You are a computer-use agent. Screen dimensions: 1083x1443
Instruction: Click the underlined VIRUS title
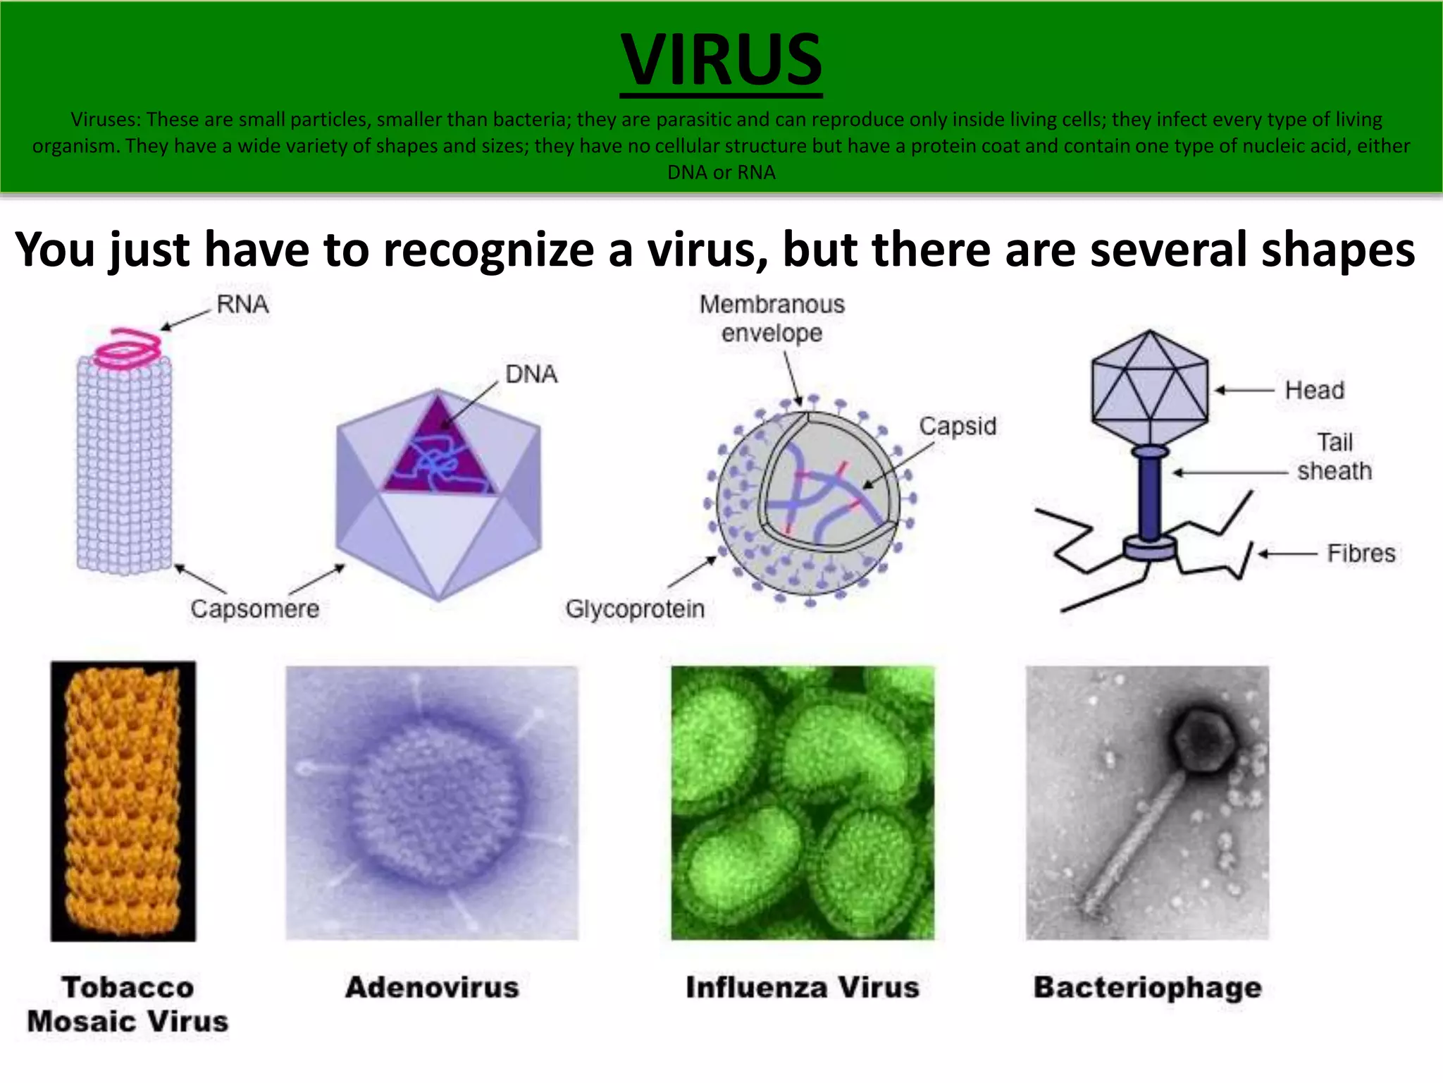coord(721,61)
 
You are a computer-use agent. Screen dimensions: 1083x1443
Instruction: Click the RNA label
coord(242,305)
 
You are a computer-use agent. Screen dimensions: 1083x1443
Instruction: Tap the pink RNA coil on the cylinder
coord(129,348)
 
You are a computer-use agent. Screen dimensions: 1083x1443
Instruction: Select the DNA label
coord(531,374)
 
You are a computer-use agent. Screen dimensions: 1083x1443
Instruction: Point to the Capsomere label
coord(254,608)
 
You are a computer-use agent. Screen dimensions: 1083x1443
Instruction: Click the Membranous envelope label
coord(772,318)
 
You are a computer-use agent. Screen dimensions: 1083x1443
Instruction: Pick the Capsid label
coord(958,426)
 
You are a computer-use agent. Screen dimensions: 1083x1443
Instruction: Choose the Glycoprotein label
coord(635,608)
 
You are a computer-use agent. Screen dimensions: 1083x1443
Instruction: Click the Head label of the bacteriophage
coord(1314,390)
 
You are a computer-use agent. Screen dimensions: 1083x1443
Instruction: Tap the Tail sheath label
coord(1334,457)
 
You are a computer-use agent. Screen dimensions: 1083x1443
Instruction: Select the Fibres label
coord(1361,553)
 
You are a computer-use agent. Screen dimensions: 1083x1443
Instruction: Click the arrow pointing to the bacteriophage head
coord(1244,390)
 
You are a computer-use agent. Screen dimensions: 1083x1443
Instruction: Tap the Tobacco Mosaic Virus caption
coord(128,1004)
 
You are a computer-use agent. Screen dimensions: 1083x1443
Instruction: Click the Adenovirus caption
coord(432,987)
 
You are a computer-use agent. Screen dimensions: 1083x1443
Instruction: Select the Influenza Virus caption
coord(803,987)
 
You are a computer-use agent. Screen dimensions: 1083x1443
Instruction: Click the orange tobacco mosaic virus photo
coord(123,801)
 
